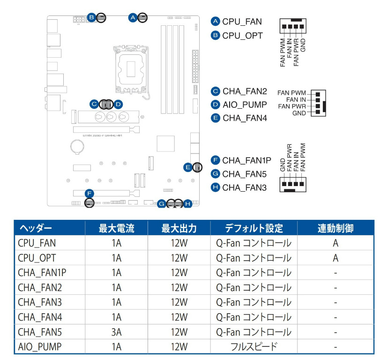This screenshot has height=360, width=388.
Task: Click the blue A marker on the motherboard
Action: [x=133, y=18]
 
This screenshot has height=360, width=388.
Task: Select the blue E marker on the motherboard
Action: [x=188, y=167]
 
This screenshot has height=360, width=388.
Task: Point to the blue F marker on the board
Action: [x=89, y=193]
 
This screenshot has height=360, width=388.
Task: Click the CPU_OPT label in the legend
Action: [x=242, y=35]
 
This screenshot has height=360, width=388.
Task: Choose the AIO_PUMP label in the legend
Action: [x=245, y=105]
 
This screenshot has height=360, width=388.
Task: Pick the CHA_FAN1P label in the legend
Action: [x=247, y=160]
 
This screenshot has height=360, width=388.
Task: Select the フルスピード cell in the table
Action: [x=254, y=347]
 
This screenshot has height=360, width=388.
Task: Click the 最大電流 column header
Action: [x=116, y=229]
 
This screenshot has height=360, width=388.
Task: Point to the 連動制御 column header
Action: [x=336, y=229]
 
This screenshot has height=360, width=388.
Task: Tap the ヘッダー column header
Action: [x=35, y=229]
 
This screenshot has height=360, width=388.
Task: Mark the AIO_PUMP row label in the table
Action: [x=39, y=347]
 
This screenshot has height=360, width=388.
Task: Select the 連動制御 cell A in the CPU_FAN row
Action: [x=336, y=243]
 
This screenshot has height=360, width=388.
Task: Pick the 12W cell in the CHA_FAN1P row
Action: [x=179, y=272]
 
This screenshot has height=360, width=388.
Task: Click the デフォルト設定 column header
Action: [x=254, y=229]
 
